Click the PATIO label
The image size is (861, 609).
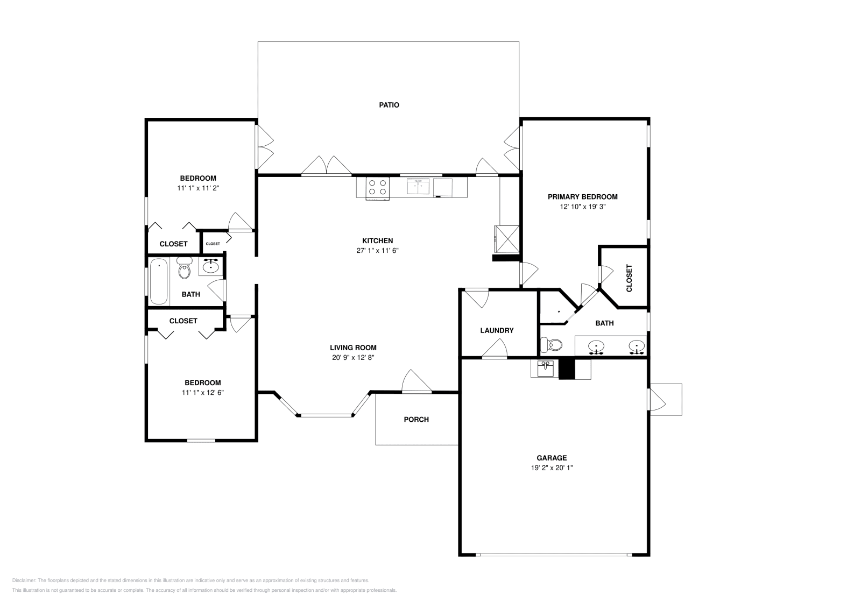389,105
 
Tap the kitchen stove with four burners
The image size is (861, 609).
377,188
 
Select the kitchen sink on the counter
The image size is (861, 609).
418,186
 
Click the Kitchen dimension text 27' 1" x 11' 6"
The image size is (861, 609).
377,251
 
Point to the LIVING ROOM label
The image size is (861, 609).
353,348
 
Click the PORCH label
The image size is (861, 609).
417,420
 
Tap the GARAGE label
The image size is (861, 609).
552,458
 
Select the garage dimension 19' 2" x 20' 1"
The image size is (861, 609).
552,468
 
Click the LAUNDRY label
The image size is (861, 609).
497,330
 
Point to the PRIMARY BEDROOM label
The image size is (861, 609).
583,197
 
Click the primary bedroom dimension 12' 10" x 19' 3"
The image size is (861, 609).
583,207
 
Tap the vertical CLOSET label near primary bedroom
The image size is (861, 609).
629,278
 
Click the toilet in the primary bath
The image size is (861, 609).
551,345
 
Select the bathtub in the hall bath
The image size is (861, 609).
159,282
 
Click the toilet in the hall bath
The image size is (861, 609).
185,267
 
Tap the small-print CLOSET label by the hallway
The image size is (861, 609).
213,244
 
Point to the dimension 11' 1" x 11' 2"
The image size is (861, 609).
198,188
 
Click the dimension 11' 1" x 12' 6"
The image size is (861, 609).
203,393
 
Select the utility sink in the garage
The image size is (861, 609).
545,369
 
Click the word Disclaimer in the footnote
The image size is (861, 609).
24,580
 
